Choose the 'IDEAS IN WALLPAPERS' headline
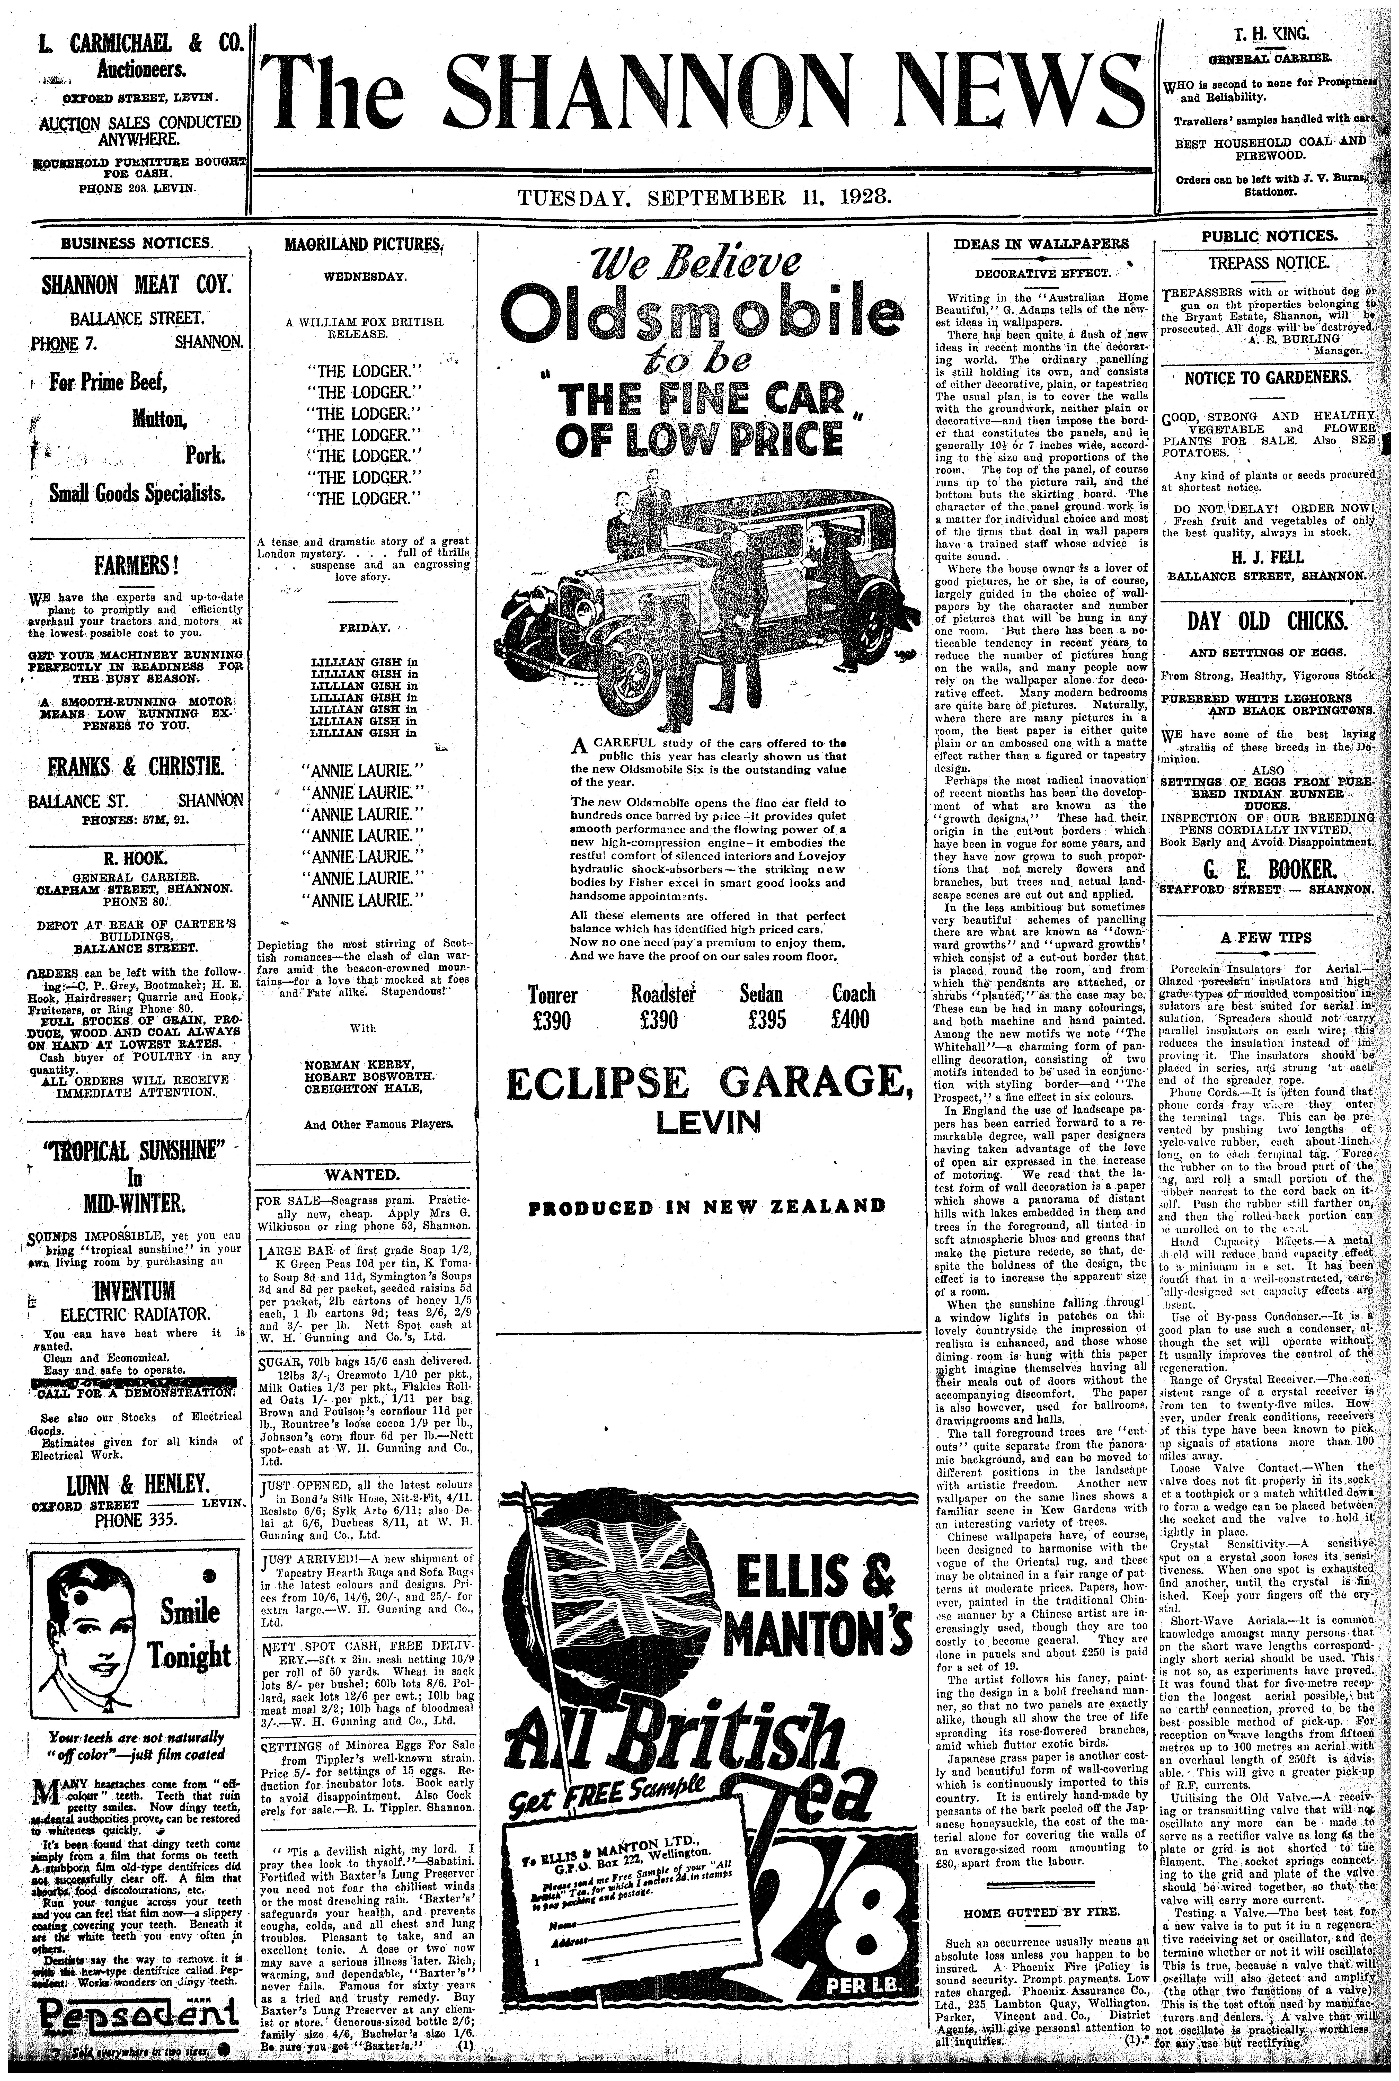click(1040, 244)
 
